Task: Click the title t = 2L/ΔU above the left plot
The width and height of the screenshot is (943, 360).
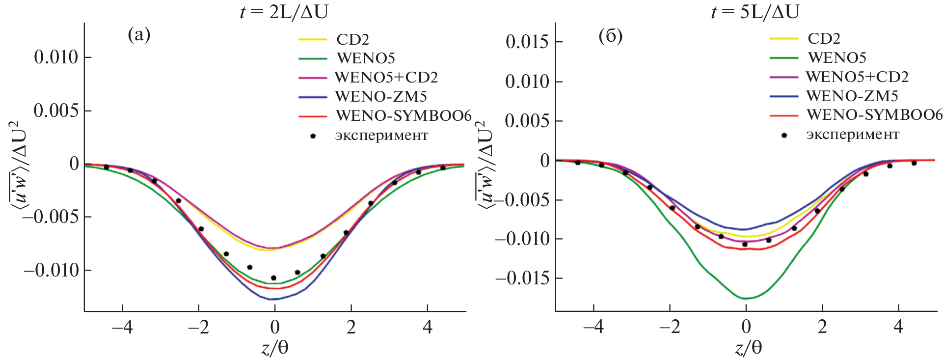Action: (x=284, y=11)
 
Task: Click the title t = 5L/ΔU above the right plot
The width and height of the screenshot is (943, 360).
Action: (x=755, y=11)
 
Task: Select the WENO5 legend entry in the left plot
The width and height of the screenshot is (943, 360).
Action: (x=366, y=58)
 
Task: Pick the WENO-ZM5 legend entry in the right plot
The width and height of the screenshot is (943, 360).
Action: (x=852, y=96)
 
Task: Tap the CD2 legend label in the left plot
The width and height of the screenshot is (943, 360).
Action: (x=352, y=39)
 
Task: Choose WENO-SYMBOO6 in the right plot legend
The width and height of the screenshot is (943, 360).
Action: (x=874, y=115)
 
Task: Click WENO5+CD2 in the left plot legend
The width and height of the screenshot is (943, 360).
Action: (x=386, y=78)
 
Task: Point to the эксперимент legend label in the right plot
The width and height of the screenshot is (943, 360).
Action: (x=853, y=135)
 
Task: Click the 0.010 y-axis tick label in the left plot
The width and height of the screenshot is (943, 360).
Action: (x=56, y=57)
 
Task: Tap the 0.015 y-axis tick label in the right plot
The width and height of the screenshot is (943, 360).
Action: (x=527, y=42)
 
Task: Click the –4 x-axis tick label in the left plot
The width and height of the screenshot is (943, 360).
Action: (x=122, y=327)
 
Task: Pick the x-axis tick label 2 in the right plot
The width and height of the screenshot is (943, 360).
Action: (x=822, y=327)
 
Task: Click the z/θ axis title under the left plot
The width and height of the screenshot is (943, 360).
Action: (x=274, y=348)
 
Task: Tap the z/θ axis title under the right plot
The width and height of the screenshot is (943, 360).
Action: (x=748, y=348)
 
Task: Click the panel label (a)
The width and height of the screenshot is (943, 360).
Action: (x=139, y=35)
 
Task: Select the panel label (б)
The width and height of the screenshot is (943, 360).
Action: (x=610, y=36)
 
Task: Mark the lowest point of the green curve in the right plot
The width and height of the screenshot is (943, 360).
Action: (x=746, y=298)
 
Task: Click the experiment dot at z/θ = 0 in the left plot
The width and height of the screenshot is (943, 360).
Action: (x=273, y=278)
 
